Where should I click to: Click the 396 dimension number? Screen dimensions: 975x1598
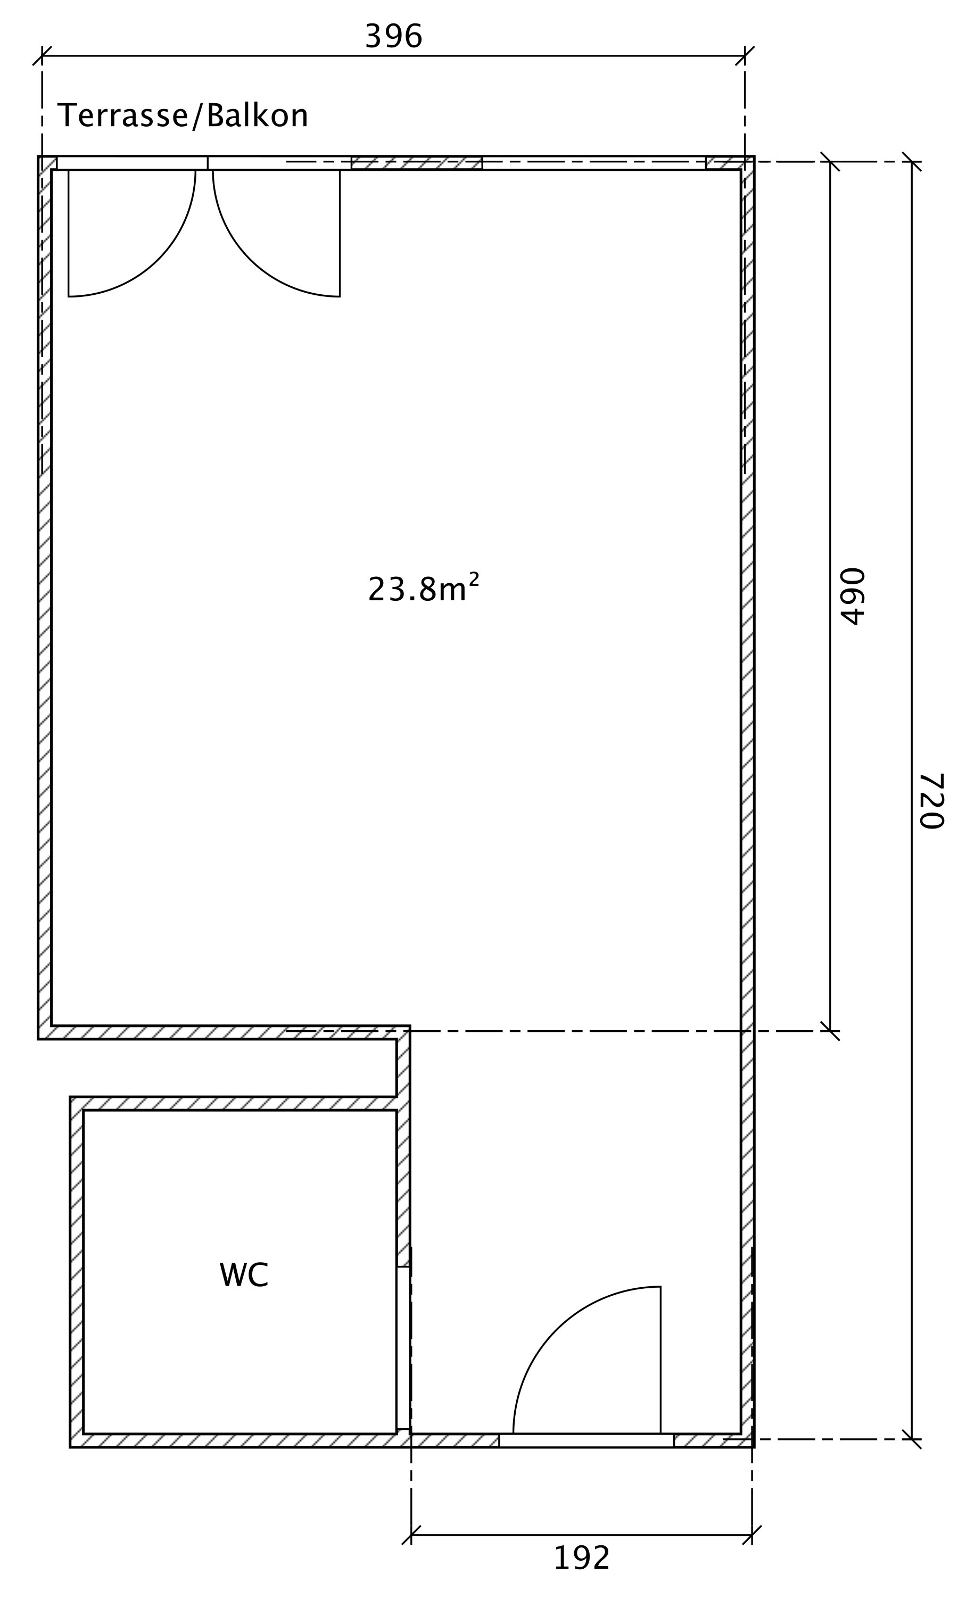pos(394,36)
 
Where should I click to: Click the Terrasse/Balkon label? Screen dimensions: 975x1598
pos(183,116)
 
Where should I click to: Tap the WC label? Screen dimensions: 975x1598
pos(244,1275)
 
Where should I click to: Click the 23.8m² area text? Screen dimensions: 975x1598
pos(424,588)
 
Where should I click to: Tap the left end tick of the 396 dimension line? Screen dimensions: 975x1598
pos(42,56)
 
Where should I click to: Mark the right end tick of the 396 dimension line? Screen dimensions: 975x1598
pos(745,56)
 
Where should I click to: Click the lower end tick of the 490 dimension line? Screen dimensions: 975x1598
pos(830,1031)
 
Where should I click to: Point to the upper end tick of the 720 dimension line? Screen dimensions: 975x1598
pos(912,161)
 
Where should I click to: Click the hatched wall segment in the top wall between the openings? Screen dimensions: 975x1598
pos(417,163)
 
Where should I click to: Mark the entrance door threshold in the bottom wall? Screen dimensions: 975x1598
pos(586,1440)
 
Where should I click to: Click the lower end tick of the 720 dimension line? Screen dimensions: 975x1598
pos(912,1439)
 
